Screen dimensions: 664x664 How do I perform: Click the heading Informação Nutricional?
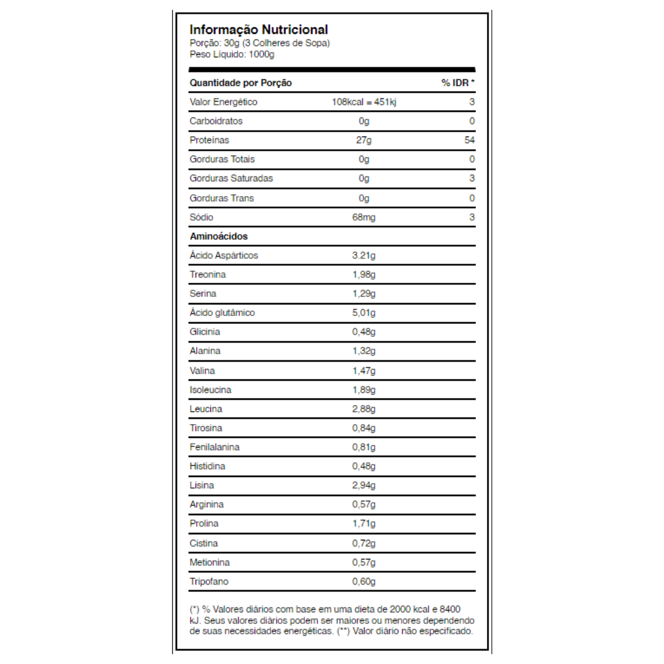click(258, 30)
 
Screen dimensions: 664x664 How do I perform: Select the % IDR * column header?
click(458, 82)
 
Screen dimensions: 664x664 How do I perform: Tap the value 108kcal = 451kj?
click(363, 102)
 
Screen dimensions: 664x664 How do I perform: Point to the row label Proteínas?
click(209, 140)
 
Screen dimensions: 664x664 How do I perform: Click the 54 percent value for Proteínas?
click(470, 140)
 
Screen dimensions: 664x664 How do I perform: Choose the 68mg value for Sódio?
click(363, 217)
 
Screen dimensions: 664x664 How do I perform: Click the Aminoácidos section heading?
click(218, 236)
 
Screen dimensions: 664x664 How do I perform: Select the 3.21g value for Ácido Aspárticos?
click(363, 255)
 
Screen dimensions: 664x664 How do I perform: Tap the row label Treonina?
click(207, 274)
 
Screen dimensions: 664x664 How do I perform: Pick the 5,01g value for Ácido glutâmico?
click(363, 313)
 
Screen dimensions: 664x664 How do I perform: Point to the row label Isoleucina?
click(210, 390)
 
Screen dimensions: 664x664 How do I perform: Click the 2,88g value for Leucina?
click(363, 409)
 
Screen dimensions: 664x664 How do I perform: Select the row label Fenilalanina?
click(215, 447)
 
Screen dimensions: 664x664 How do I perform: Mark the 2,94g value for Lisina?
click(363, 486)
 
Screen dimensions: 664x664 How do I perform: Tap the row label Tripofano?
click(209, 582)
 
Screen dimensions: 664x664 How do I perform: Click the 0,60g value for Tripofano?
click(363, 582)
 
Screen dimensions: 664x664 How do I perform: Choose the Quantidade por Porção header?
click(240, 82)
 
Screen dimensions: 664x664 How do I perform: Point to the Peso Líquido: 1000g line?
click(232, 54)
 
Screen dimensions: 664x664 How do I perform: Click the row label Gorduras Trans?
click(221, 198)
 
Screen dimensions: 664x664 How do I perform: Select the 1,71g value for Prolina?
click(363, 524)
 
